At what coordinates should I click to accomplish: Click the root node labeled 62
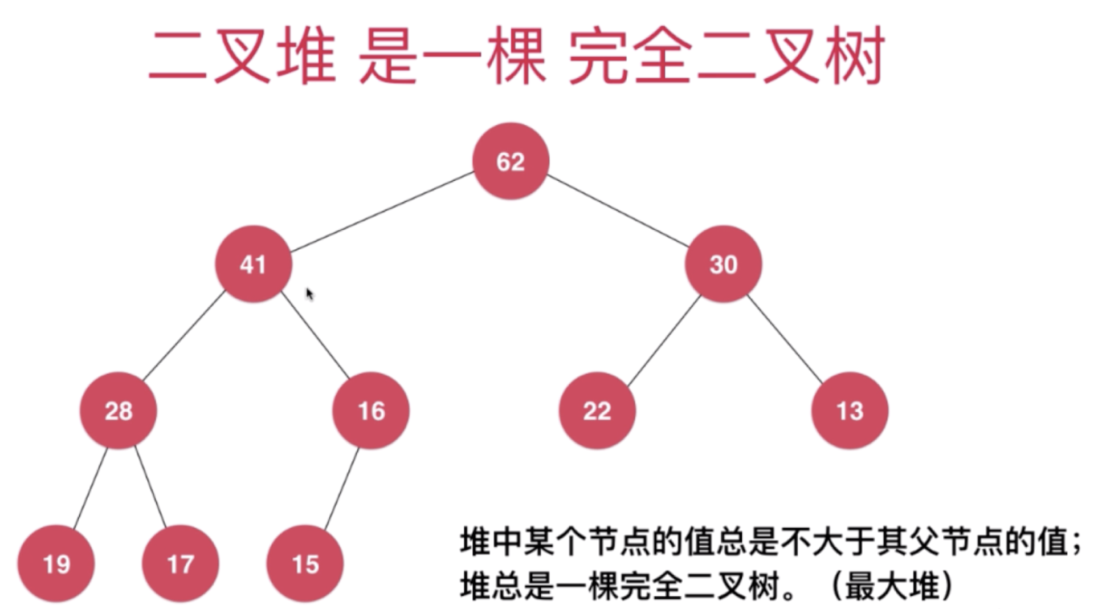[x=511, y=161]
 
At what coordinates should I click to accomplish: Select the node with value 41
[x=253, y=264]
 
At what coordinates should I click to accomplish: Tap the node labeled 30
[x=723, y=264]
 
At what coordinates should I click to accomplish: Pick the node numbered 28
[x=119, y=411]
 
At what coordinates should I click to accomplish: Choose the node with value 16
[x=371, y=411]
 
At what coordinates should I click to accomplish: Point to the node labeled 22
[x=597, y=411]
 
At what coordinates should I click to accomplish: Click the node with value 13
[x=850, y=411]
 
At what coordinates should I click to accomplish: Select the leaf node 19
[x=56, y=564]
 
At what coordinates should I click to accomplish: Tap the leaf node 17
[x=180, y=564]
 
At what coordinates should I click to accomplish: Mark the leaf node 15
[x=305, y=564]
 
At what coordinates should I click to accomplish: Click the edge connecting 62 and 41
[x=382, y=212]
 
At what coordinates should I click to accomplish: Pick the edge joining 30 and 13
[x=785, y=339]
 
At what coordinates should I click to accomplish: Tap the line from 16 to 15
[x=341, y=488]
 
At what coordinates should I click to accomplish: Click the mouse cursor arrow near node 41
[x=309, y=294]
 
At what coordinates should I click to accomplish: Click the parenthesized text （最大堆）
[x=892, y=586]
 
